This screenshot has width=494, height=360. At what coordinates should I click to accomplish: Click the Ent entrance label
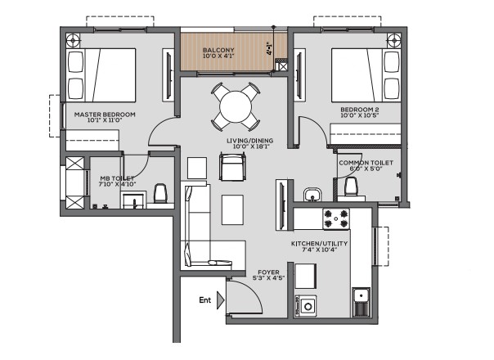click(x=204, y=300)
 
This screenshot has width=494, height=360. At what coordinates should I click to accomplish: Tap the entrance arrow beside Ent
click(x=221, y=300)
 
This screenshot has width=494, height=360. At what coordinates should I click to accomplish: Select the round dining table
click(x=236, y=107)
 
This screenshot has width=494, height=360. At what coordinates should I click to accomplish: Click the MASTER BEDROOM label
click(x=105, y=115)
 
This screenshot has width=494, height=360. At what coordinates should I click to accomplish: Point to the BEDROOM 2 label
click(x=360, y=110)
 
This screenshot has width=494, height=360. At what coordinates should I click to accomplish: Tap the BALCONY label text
click(x=218, y=50)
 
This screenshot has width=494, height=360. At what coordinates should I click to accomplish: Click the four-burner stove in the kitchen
click(x=336, y=219)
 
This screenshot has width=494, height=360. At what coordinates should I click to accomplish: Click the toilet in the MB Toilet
click(x=160, y=194)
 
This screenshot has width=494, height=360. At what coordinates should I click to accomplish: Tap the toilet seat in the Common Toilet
click(x=351, y=187)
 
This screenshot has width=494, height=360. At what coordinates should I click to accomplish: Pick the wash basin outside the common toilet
click(x=312, y=195)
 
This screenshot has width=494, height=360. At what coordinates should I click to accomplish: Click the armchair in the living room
click(x=232, y=166)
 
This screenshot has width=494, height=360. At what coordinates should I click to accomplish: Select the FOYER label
click(x=268, y=272)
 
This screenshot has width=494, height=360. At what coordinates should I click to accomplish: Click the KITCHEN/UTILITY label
click(x=319, y=244)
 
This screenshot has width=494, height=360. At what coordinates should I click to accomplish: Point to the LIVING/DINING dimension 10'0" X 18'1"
click(x=252, y=146)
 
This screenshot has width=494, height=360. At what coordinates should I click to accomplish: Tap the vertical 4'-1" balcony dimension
click(x=269, y=48)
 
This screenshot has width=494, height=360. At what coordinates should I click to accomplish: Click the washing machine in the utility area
click(x=306, y=306)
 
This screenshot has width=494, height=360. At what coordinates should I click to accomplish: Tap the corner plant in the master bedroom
click(x=74, y=40)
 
